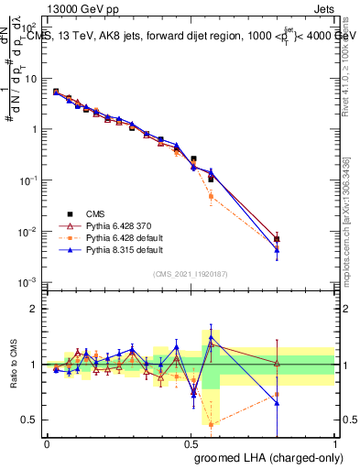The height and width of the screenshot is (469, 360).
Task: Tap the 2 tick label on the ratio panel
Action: pos(34,309)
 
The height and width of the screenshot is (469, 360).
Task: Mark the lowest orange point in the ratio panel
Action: pos(212,424)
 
